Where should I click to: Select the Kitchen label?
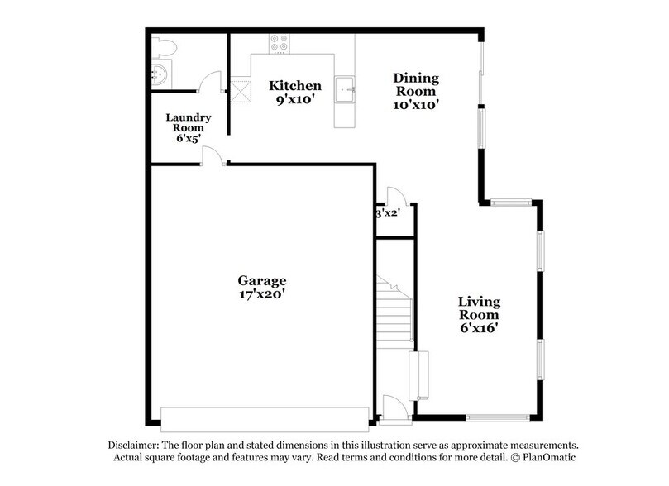295,84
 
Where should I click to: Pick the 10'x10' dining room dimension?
415,105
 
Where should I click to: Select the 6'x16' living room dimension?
480,327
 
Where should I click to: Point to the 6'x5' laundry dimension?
189,138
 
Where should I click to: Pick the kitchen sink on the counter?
346,87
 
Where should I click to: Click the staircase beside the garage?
394,310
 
